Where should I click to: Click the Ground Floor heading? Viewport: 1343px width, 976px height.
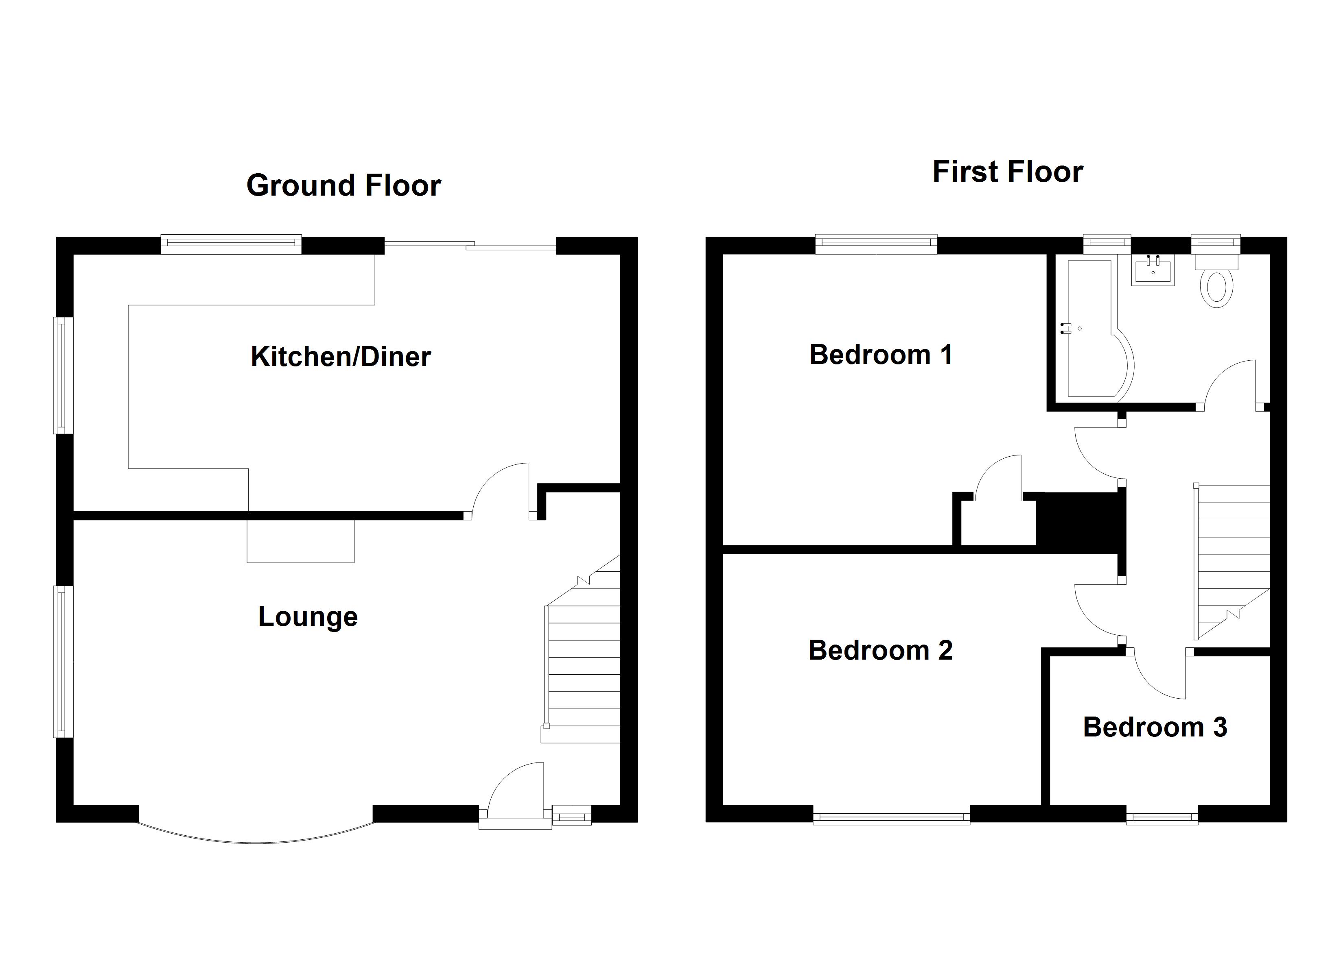(343, 185)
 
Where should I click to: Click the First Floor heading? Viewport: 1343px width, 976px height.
(1007, 172)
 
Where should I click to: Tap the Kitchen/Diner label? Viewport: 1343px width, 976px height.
(341, 357)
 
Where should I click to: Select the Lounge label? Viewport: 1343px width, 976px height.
(308, 617)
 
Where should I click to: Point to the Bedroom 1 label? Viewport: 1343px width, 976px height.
(881, 355)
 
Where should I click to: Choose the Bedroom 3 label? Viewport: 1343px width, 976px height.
(1155, 728)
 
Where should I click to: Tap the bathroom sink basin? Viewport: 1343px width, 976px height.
(1152, 270)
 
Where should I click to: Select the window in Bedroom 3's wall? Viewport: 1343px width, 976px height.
(1162, 817)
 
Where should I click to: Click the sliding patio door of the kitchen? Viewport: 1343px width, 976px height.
(471, 246)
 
